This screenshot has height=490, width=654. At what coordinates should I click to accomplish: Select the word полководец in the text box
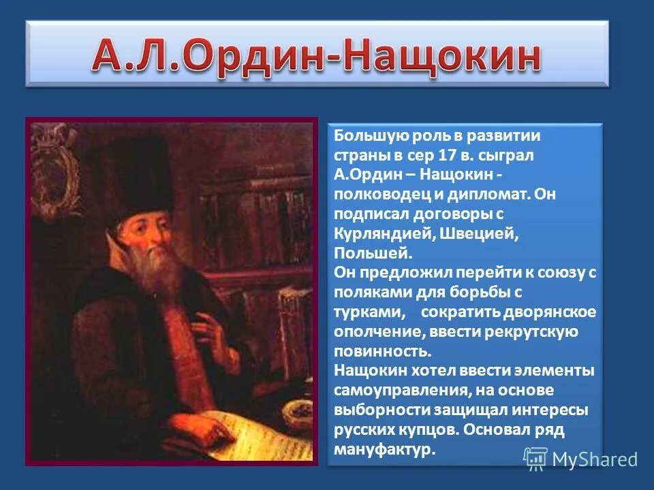tap(372, 194)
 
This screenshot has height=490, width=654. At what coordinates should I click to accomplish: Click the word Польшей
tap(373, 252)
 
